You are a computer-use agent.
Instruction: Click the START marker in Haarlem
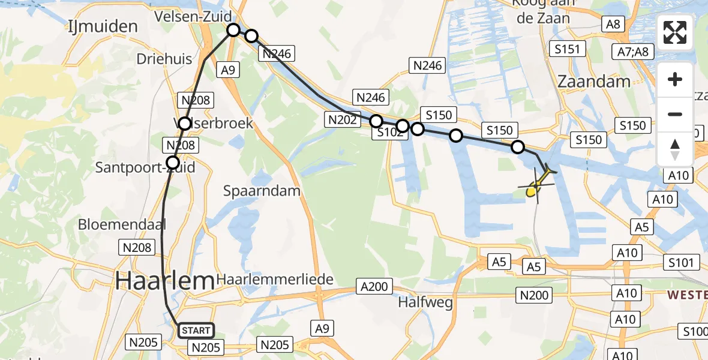[196, 330]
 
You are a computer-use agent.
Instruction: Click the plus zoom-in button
[675, 80]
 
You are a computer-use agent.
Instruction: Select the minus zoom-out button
[675, 114]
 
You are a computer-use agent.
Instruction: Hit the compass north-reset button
[675, 149]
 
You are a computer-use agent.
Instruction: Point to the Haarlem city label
[164, 280]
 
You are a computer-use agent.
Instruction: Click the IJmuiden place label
[103, 26]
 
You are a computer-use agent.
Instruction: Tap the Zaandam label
[594, 82]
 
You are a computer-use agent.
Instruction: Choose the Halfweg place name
[425, 302]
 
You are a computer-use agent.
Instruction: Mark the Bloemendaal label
[121, 225]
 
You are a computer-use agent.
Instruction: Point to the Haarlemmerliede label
[275, 280]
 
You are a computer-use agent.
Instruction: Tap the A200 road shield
[374, 286]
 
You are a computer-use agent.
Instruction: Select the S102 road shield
[389, 133]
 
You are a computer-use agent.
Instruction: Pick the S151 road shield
[567, 49]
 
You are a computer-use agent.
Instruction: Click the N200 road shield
[534, 294]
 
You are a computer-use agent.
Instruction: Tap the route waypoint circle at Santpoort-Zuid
[173, 162]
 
